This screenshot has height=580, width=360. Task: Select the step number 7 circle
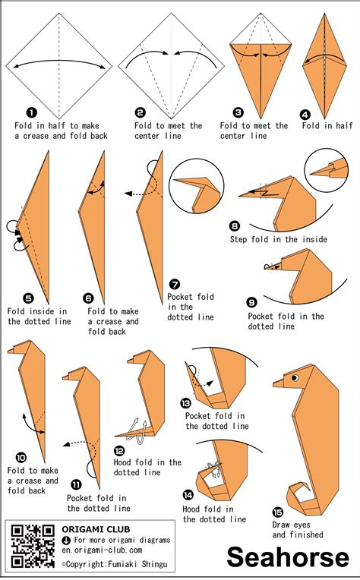(x=174, y=284)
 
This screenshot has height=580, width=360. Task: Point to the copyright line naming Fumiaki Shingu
(x=118, y=564)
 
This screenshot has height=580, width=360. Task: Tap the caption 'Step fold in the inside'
(x=279, y=239)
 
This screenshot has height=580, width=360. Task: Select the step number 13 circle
(x=186, y=403)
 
